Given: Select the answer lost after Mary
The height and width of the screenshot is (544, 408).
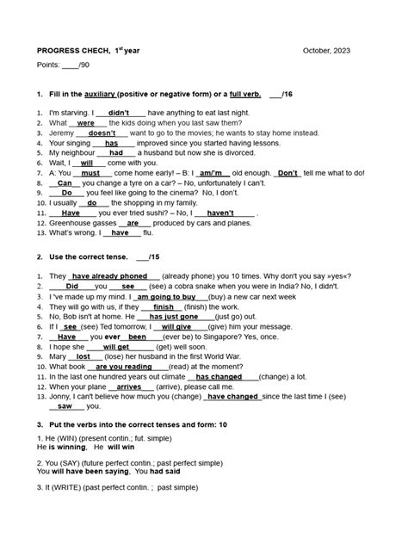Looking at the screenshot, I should [83, 355].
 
